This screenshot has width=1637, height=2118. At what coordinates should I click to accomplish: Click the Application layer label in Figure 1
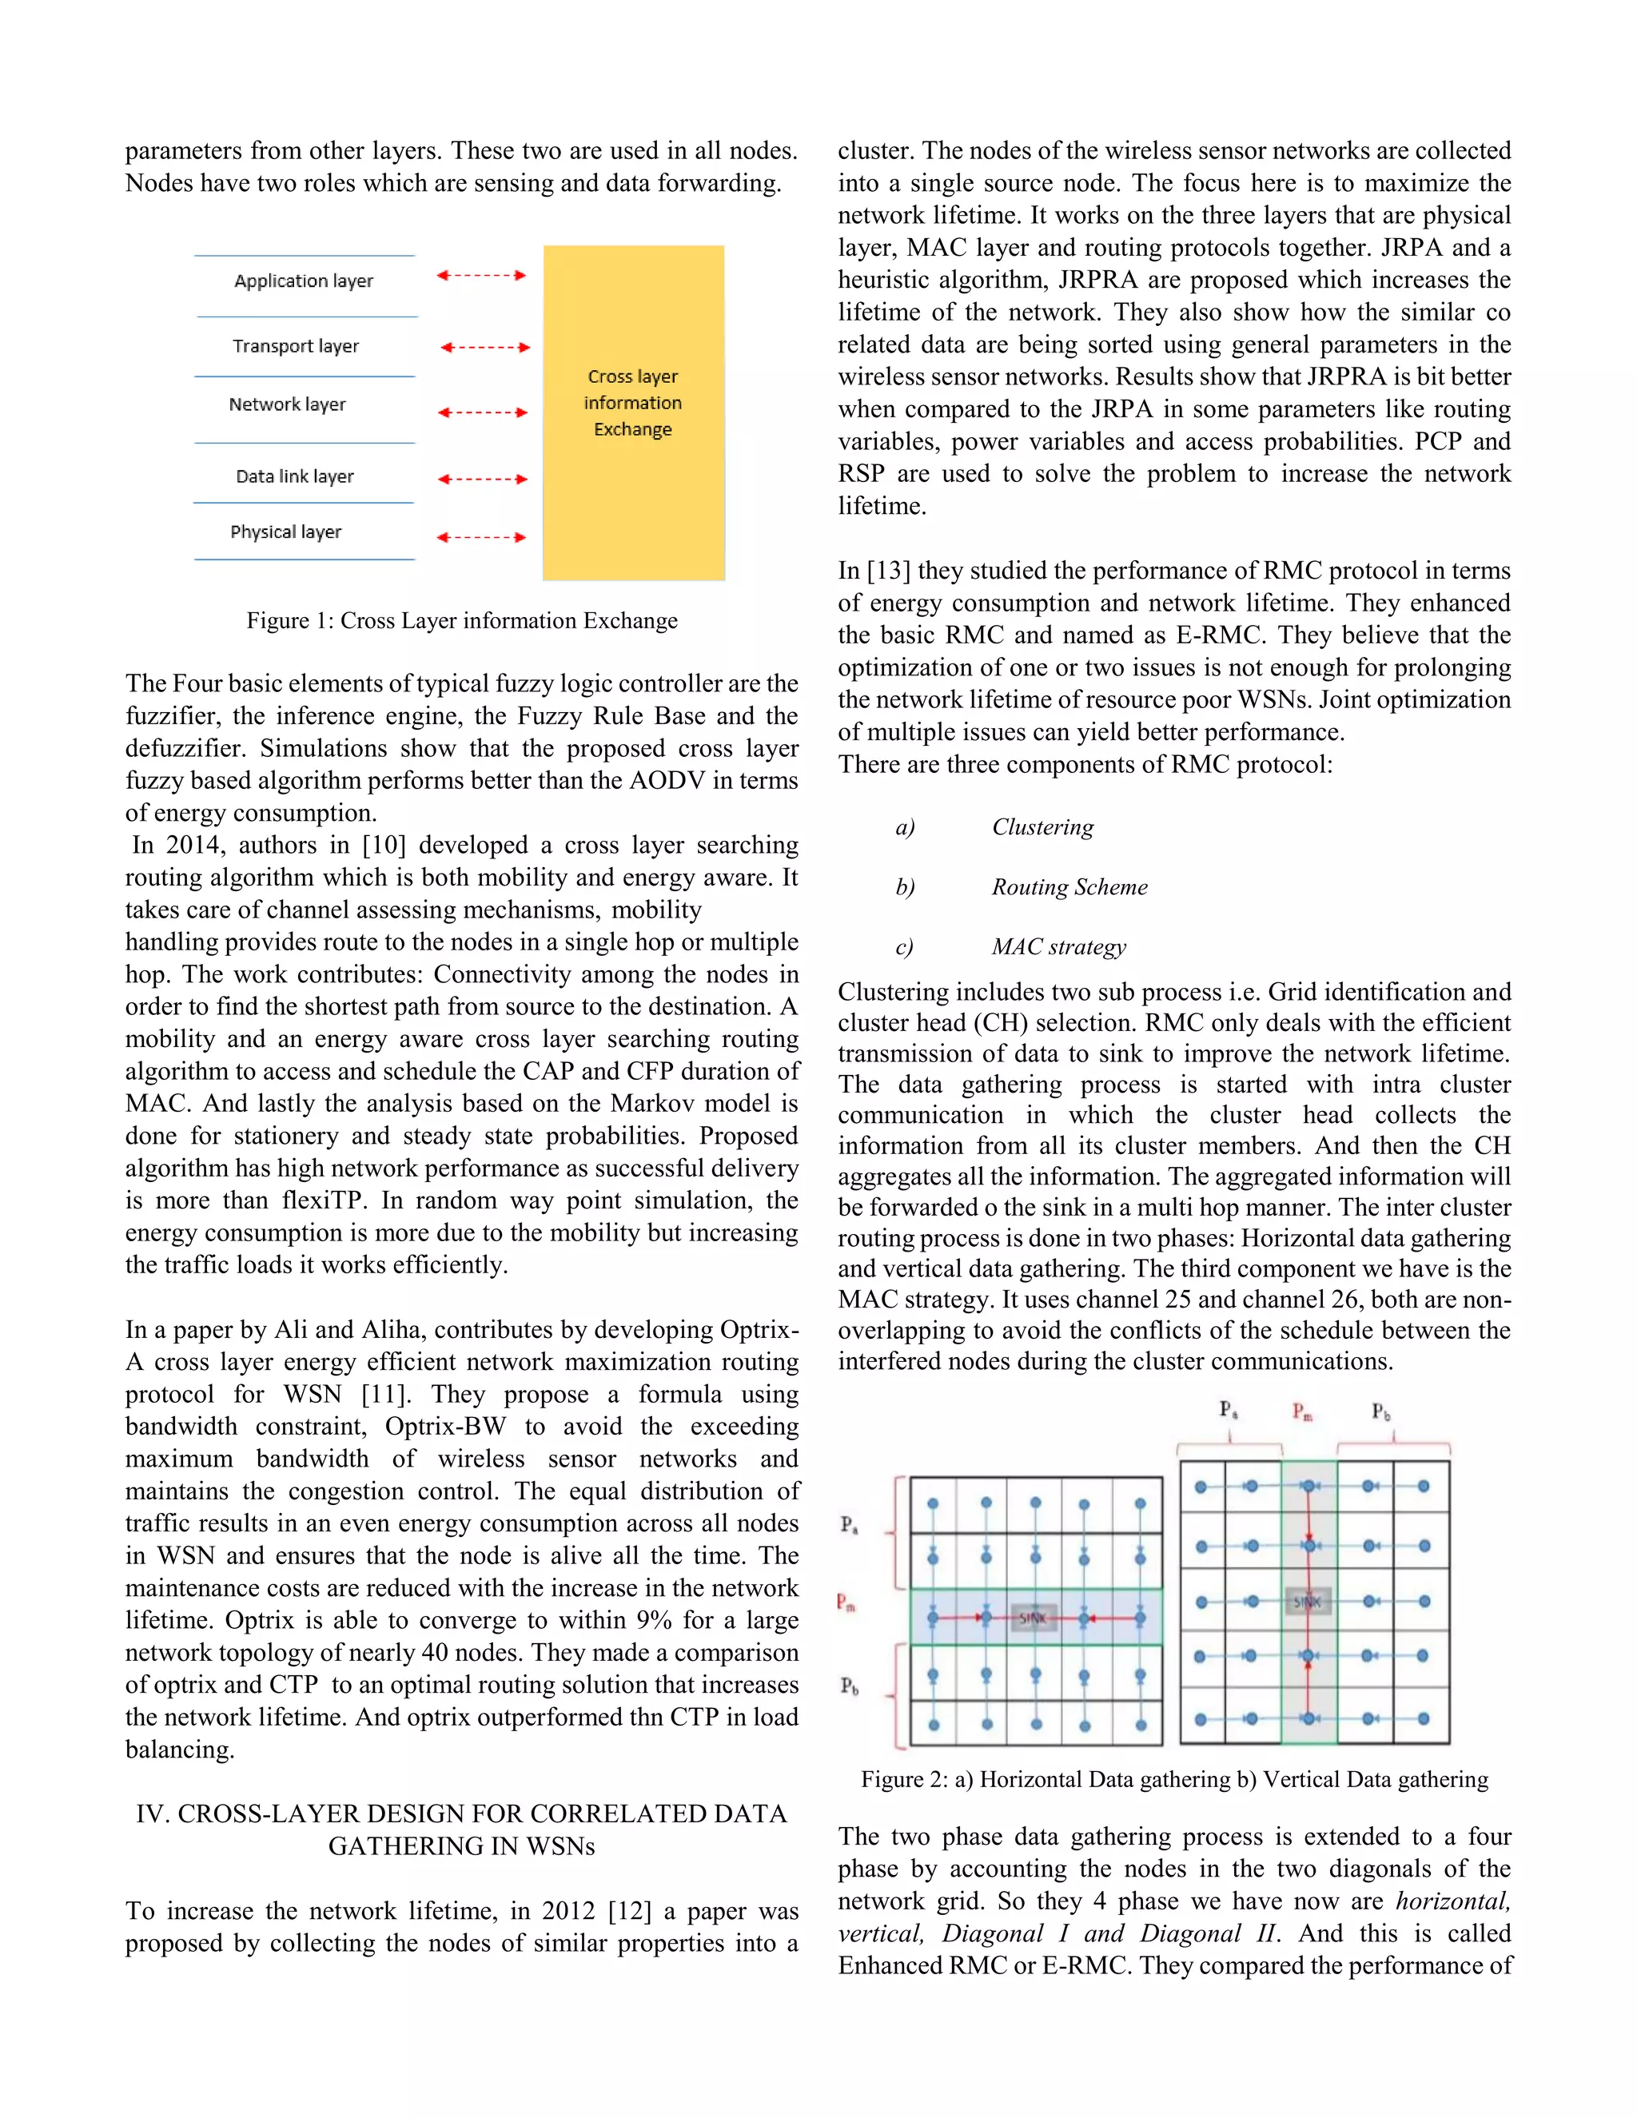pyautogui.click(x=304, y=281)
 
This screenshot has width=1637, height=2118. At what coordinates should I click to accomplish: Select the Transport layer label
pyautogui.click(x=296, y=346)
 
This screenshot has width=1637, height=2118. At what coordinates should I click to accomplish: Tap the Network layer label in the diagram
pyautogui.click(x=287, y=404)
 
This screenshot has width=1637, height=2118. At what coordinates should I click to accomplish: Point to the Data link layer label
pyautogui.click(x=295, y=476)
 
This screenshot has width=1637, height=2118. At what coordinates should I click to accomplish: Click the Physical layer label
pyautogui.click(x=286, y=531)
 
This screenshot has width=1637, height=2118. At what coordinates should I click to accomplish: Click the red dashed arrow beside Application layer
pyautogui.click(x=481, y=276)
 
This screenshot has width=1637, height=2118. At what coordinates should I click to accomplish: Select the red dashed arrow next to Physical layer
pyautogui.click(x=481, y=537)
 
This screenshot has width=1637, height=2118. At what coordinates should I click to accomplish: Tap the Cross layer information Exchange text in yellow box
pyautogui.click(x=633, y=403)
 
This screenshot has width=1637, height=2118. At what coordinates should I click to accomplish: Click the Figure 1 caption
pyautogui.click(x=462, y=621)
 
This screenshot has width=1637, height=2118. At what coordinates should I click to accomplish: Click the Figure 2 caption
pyautogui.click(x=1174, y=1778)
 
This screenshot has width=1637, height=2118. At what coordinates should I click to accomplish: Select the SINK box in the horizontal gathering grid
pyautogui.click(x=1033, y=1618)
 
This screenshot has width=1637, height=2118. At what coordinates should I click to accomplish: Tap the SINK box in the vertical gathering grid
pyautogui.click(x=1307, y=1601)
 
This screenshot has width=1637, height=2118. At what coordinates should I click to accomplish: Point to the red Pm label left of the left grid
pyautogui.click(x=846, y=1602)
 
